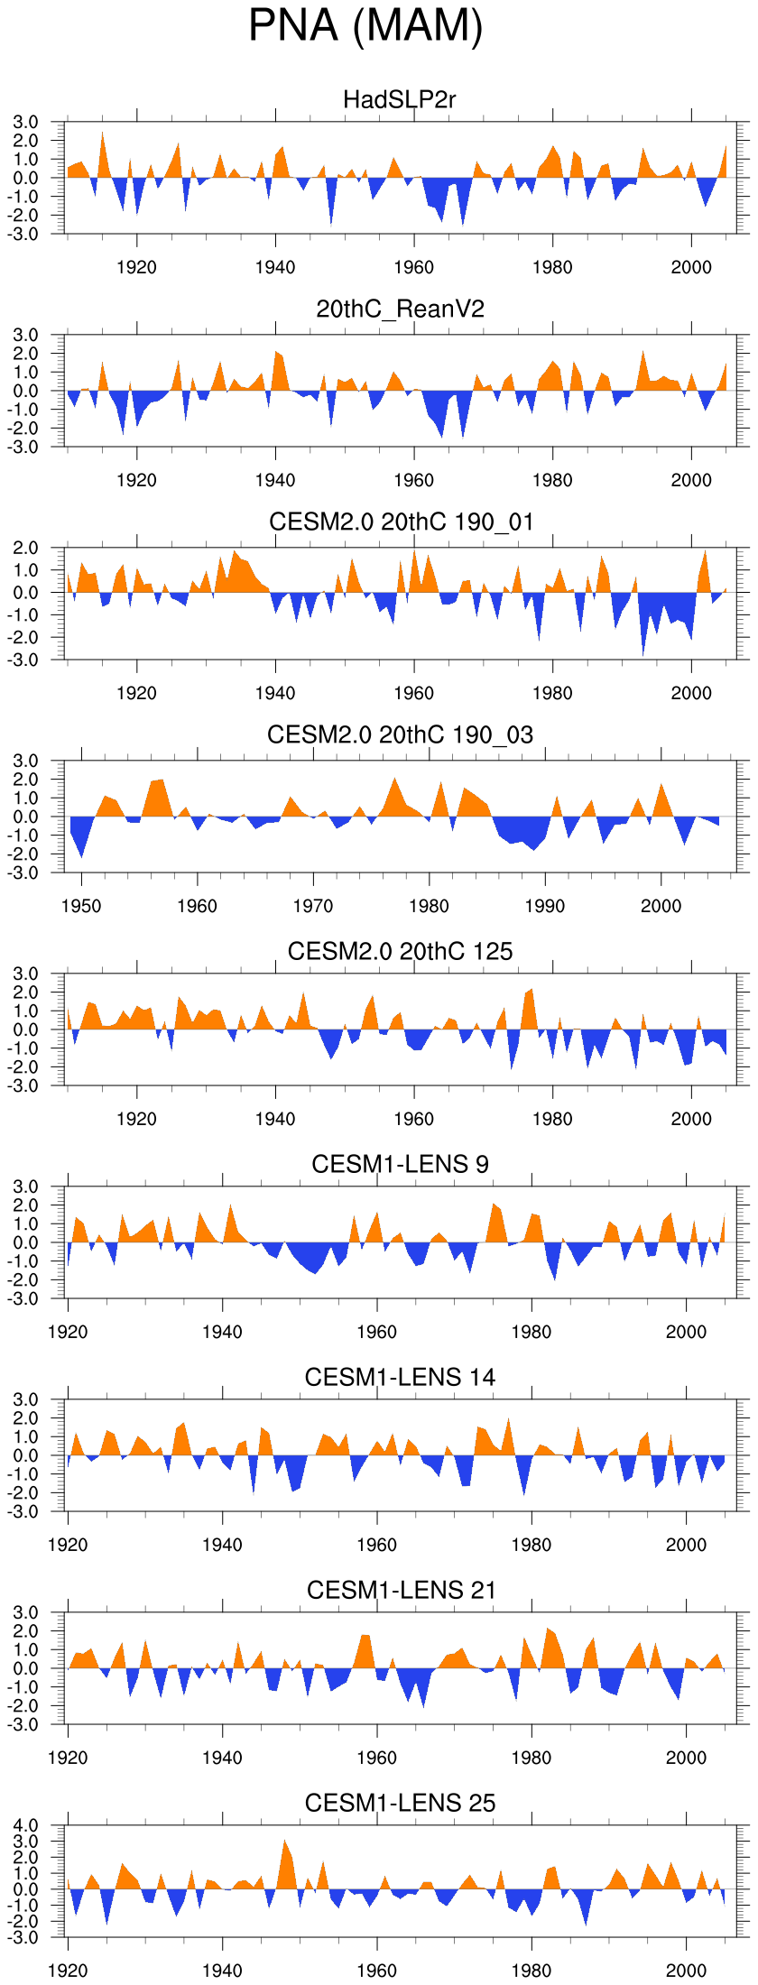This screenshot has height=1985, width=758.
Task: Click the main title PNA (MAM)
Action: [365, 26]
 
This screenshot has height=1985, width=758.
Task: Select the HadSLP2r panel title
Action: [400, 99]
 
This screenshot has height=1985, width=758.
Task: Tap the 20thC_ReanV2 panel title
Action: [400, 309]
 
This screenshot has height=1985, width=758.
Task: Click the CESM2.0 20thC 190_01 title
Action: [401, 522]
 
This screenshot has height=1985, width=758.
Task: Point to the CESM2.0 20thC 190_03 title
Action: [400, 734]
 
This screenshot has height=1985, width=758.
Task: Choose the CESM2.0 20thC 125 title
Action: [400, 951]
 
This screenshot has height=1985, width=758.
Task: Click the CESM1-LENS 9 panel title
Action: [400, 1164]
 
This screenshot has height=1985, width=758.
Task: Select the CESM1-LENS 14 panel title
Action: [400, 1377]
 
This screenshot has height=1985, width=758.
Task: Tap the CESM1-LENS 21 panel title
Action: [401, 1590]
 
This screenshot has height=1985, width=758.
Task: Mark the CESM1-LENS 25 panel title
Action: [400, 1803]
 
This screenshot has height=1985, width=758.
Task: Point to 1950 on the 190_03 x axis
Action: [81, 906]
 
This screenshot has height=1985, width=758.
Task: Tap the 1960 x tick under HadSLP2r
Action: [413, 267]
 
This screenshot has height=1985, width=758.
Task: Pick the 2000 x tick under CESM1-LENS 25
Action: [686, 1971]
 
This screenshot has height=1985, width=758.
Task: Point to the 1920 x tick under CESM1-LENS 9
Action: [68, 1332]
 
